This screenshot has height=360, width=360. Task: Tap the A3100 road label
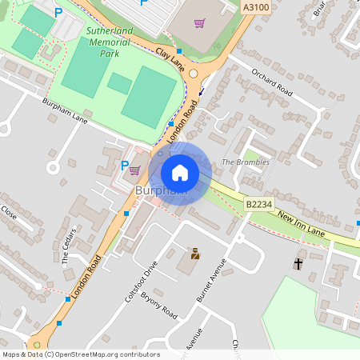point(254,6)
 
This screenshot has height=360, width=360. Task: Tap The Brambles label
point(246,162)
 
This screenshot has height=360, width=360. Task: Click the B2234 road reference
point(258,205)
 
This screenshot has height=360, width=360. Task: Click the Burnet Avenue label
point(207,279)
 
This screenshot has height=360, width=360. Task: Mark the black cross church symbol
point(299,263)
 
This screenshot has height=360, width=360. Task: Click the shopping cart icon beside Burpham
point(134,170)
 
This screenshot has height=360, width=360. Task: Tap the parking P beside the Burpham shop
point(124,166)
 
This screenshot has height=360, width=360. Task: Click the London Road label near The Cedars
point(86,278)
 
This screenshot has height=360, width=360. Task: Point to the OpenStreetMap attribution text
point(80,354)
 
